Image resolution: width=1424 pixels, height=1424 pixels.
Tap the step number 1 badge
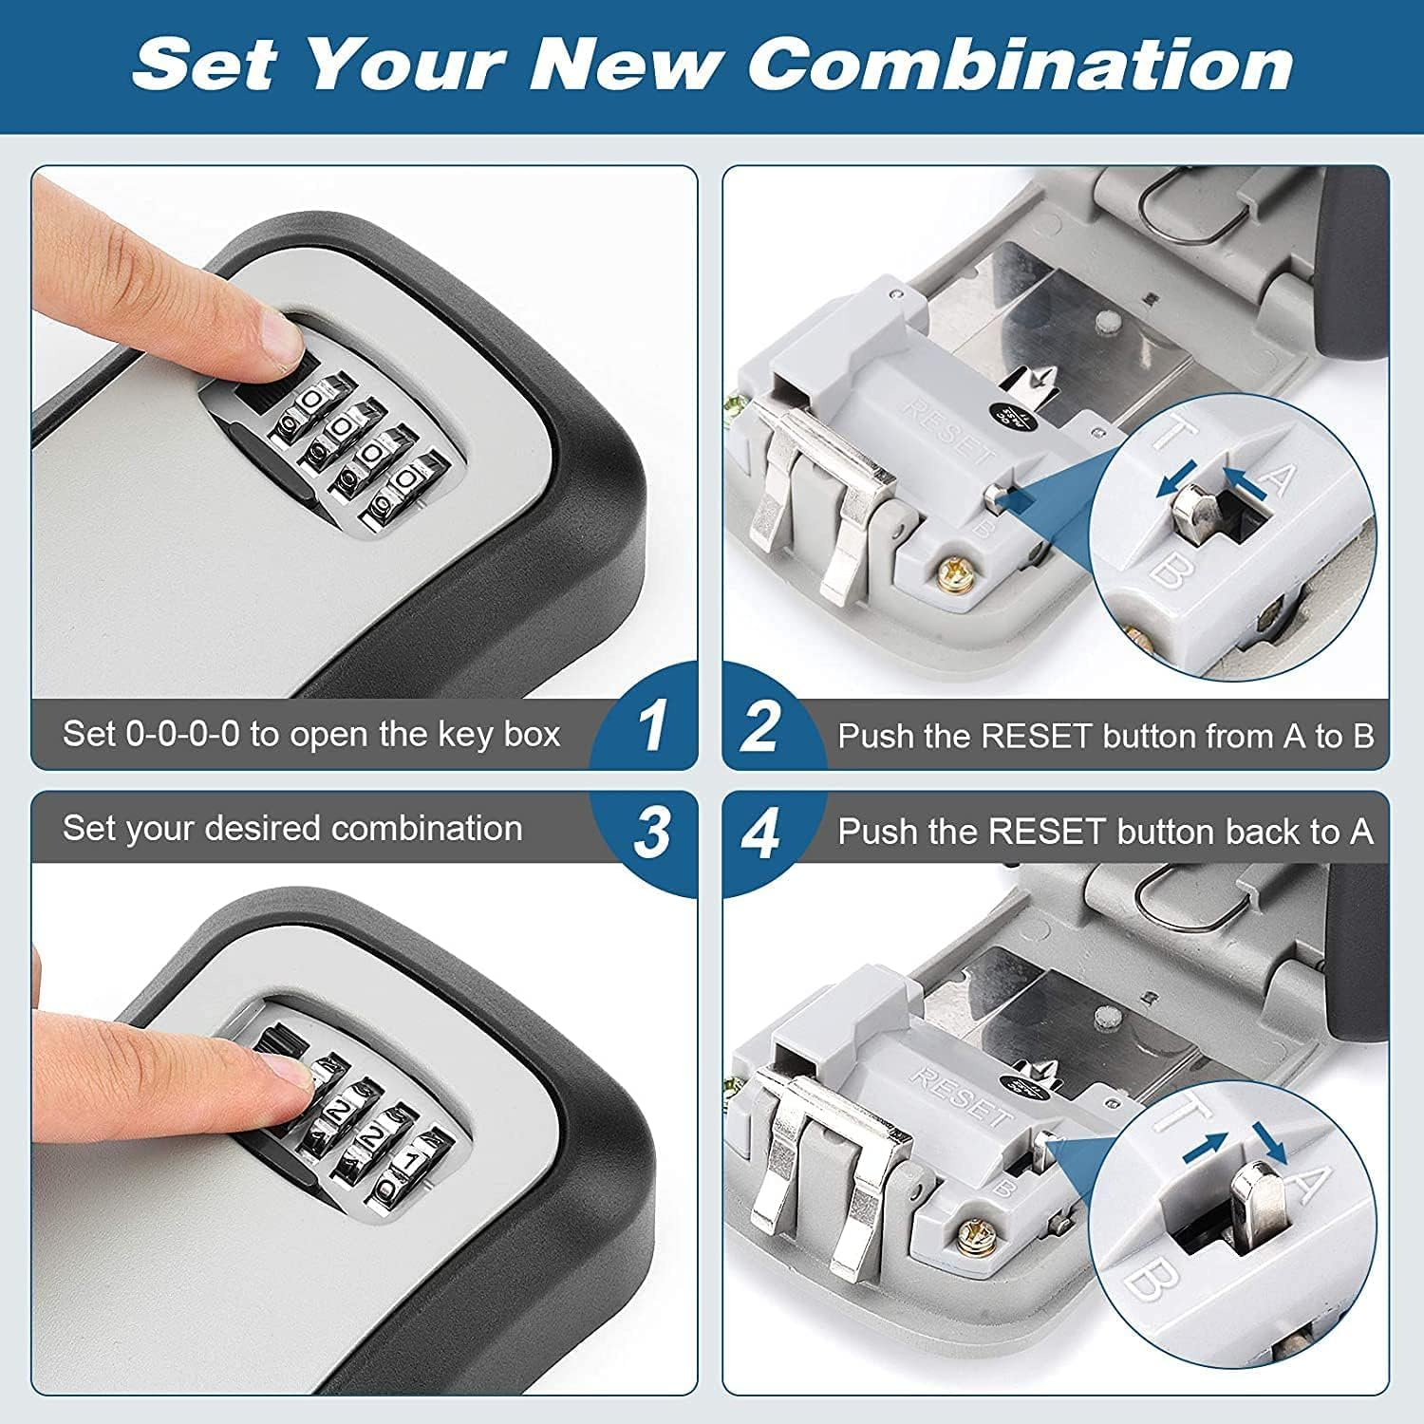pos(652,727)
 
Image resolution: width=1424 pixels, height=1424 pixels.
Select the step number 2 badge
pos(761,727)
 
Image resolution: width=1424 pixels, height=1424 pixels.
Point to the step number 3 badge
pos(652,833)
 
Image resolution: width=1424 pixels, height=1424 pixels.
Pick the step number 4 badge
pos(761,834)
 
